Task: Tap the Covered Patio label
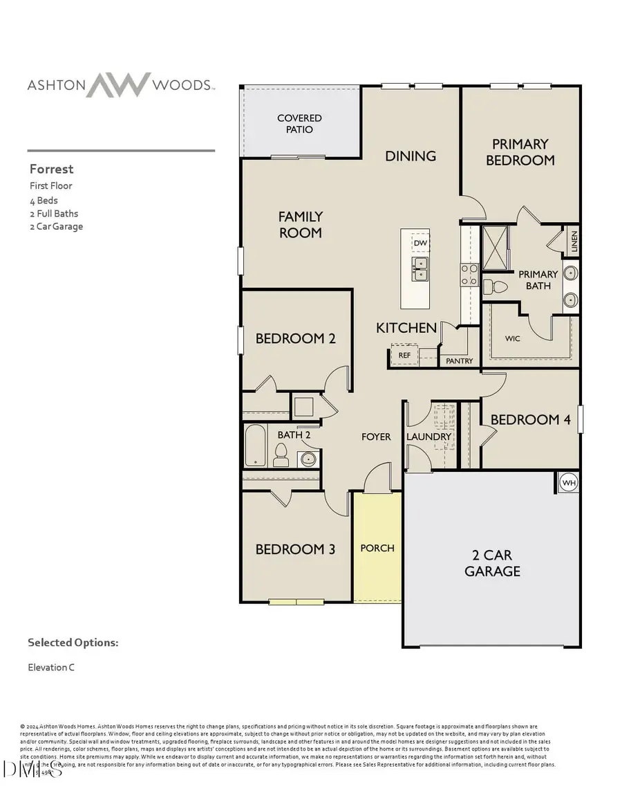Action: (299, 124)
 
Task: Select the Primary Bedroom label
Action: (520, 152)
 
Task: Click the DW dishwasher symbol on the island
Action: (420, 244)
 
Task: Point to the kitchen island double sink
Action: (420, 269)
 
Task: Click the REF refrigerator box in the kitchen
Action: (404, 355)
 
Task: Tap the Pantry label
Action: (460, 360)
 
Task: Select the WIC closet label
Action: (512, 339)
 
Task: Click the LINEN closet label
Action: (574, 243)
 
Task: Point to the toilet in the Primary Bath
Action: (491, 286)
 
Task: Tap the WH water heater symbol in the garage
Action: (568, 482)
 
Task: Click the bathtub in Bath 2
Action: (255, 446)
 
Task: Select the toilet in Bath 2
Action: (281, 455)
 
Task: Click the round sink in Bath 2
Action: (308, 458)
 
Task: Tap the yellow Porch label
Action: (377, 548)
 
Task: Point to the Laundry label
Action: (428, 437)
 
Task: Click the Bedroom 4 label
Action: (525, 419)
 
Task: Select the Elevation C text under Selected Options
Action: (51, 668)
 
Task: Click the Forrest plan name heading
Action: (51, 169)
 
